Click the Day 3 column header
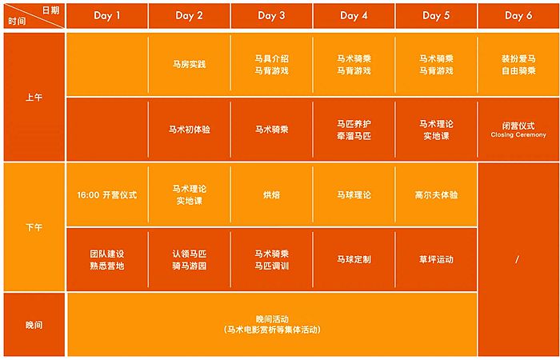271,16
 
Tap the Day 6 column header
518,16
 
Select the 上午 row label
34,98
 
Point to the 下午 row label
34,227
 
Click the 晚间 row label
34,326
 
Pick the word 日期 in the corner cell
50,10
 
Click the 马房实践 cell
190,65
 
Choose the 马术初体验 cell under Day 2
190,130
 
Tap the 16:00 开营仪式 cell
106,195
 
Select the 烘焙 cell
271,195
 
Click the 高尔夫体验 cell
436,195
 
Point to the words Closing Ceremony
518,135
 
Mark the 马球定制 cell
354,260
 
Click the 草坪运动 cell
436,260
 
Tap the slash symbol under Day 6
518,260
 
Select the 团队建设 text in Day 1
106,254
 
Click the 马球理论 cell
354,195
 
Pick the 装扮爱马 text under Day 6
518,59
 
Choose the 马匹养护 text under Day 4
354,124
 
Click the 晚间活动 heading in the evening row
272,319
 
